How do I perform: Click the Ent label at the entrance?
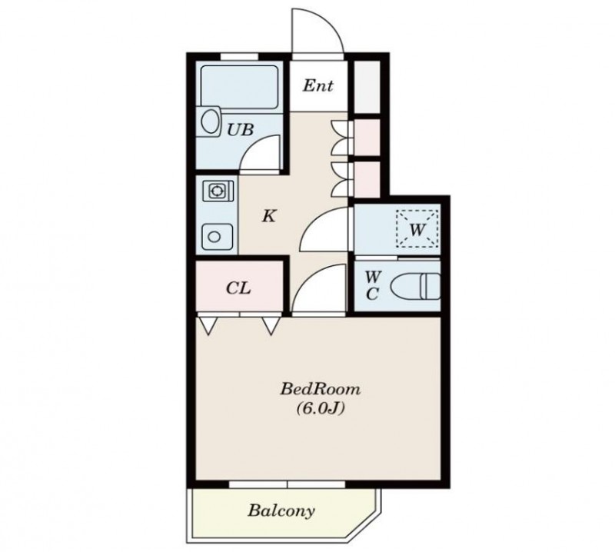(x=317, y=85)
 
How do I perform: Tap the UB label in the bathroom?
(x=241, y=129)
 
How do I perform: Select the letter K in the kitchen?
(x=269, y=216)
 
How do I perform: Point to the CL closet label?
(x=238, y=289)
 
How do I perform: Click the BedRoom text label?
(x=320, y=389)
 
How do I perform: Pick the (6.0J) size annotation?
(x=321, y=409)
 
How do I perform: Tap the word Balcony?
(x=281, y=510)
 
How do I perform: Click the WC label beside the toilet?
(x=372, y=285)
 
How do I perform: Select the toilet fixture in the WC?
(x=416, y=287)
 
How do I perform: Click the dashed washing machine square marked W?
(x=417, y=229)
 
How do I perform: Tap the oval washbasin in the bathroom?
(x=210, y=121)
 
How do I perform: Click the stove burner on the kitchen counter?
(x=216, y=191)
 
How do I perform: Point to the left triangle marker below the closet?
(x=208, y=326)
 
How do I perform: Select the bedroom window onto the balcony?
(x=287, y=484)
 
